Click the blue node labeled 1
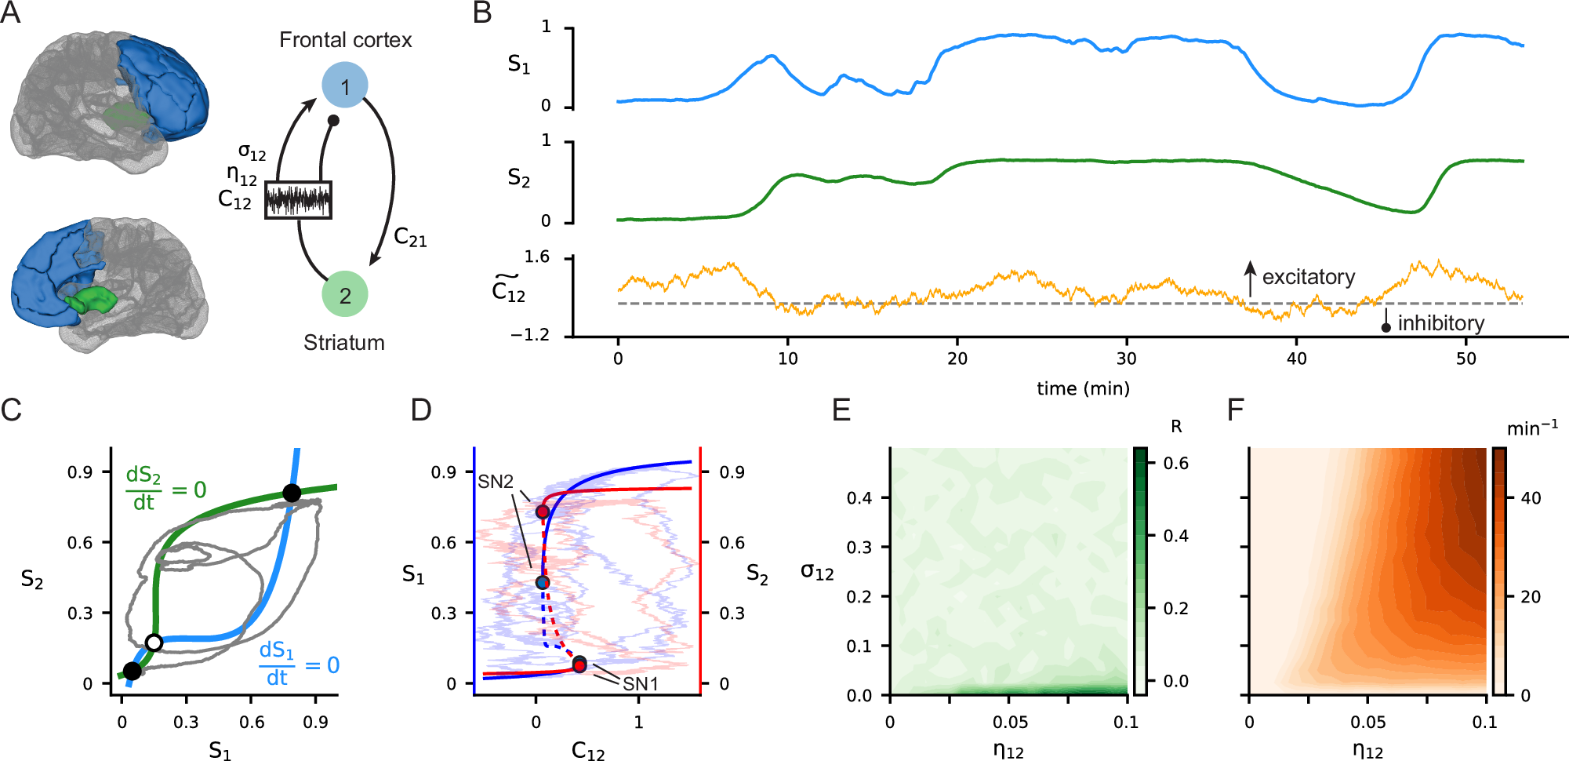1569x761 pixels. tap(344, 86)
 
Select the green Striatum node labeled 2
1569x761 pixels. tap(345, 294)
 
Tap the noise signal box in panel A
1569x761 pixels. tap(298, 200)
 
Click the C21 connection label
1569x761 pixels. tap(410, 237)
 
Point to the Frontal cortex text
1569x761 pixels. tap(345, 40)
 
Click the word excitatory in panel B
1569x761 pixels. tap(1308, 277)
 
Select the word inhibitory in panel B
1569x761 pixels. tap(1440, 323)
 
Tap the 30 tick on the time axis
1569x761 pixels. tap(1126, 359)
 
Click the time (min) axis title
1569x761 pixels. tap(1083, 388)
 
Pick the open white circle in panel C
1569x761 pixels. tap(154, 643)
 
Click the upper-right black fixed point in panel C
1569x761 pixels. tap(292, 493)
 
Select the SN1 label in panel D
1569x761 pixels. tap(641, 683)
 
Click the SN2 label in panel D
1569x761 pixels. tap(496, 482)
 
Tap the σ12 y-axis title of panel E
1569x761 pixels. tap(816, 571)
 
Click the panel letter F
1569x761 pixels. tap(1236, 410)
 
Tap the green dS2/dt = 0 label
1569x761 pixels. tap(165, 489)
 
